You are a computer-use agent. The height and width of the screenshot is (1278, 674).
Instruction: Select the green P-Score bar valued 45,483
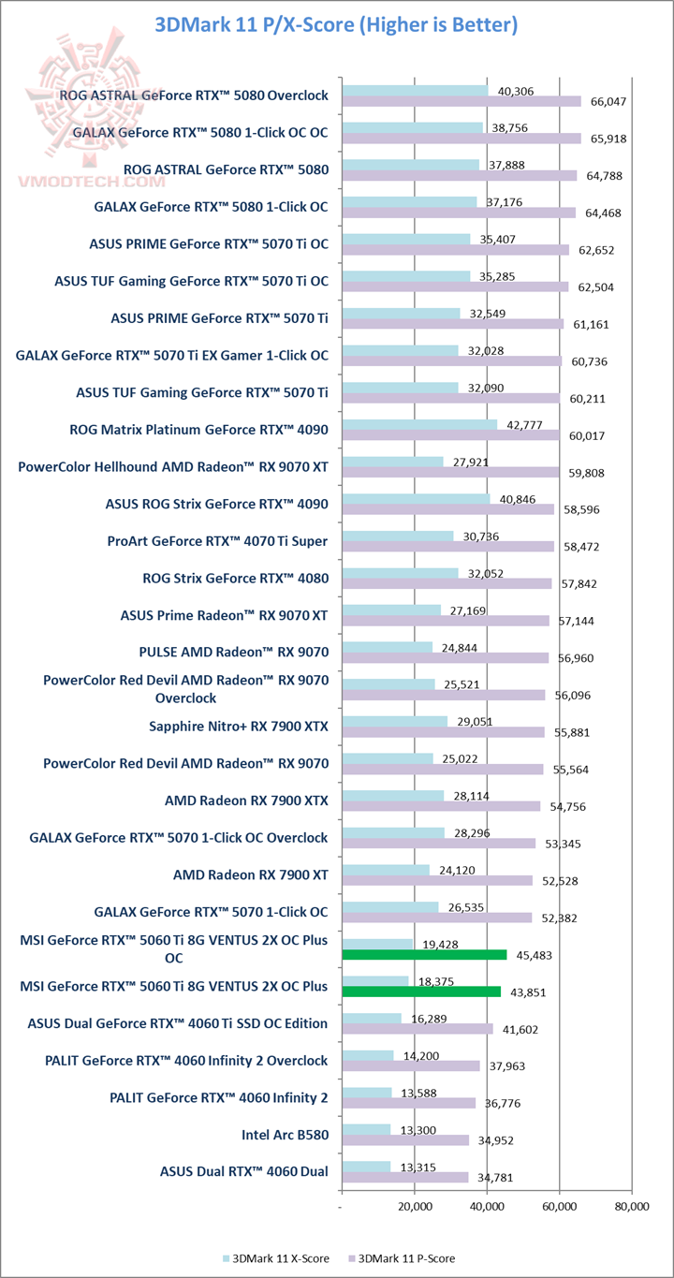[424, 954]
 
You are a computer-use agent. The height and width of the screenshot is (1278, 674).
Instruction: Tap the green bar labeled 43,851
[421, 991]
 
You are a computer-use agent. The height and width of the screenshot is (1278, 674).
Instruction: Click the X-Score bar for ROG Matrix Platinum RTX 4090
[419, 424]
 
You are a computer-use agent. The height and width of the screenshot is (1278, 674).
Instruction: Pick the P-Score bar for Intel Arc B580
[405, 1139]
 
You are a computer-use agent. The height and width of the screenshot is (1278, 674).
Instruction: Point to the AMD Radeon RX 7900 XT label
[251, 874]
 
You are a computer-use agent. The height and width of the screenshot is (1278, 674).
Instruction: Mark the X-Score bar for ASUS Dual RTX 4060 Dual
[366, 1166]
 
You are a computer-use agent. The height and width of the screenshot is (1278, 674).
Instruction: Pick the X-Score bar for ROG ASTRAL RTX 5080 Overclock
[415, 90]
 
